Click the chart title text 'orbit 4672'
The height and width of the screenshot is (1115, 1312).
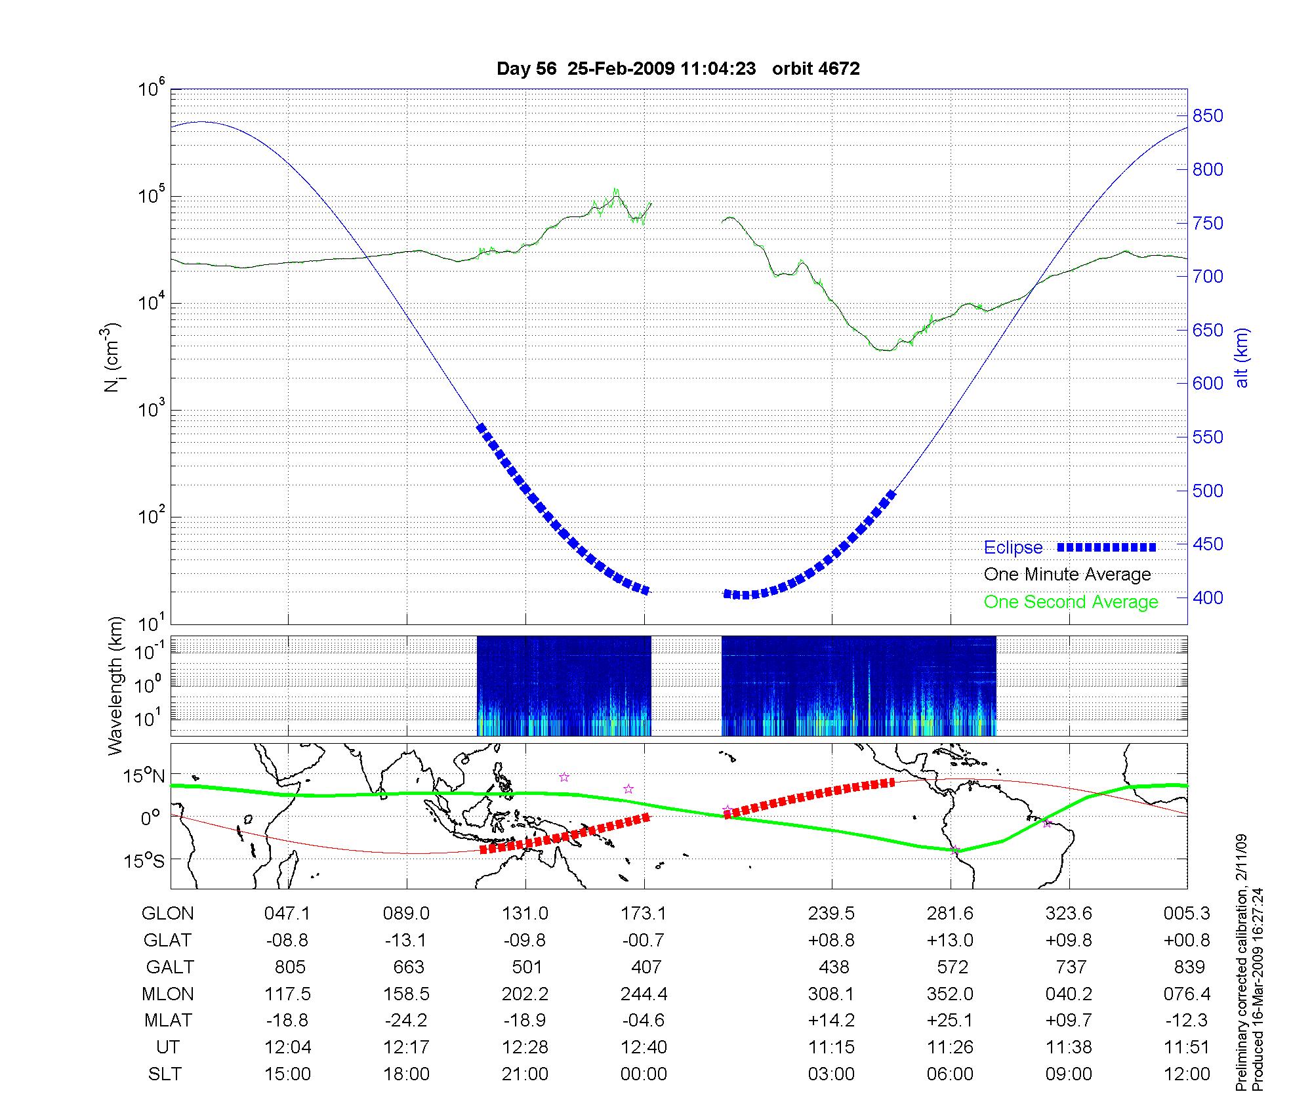[x=815, y=69]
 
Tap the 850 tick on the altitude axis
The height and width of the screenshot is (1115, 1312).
[x=1208, y=116]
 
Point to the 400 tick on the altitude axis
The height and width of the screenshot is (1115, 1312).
[x=1208, y=598]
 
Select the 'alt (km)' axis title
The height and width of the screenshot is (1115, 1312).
[x=1242, y=357]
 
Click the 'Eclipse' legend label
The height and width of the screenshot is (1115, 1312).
[x=1013, y=548]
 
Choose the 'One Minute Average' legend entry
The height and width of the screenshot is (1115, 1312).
[x=1067, y=575]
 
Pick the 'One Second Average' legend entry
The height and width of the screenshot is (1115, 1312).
[x=1071, y=602]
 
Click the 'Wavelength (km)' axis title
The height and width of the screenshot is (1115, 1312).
[x=115, y=685]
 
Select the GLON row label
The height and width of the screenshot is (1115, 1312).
[x=168, y=914]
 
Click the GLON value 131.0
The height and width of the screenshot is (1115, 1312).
[x=525, y=914]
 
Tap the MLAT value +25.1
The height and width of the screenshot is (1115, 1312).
[x=950, y=1021]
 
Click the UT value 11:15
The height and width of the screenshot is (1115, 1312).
[x=831, y=1047]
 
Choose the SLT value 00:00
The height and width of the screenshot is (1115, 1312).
[x=644, y=1074]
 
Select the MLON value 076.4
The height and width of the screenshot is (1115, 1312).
[x=1187, y=994]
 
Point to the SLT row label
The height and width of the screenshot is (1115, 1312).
[x=165, y=1074]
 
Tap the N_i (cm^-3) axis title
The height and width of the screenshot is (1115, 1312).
[x=113, y=357]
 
